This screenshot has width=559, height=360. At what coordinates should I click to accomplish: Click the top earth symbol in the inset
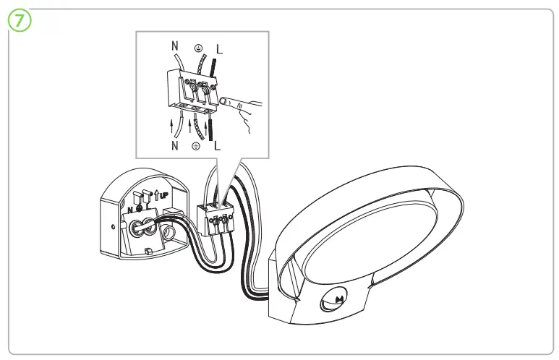[196, 48]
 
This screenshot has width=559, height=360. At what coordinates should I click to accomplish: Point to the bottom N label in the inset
[175, 145]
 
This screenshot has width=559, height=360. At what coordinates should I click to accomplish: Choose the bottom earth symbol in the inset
[195, 145]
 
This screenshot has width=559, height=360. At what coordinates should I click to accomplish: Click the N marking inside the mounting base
[129, 210]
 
